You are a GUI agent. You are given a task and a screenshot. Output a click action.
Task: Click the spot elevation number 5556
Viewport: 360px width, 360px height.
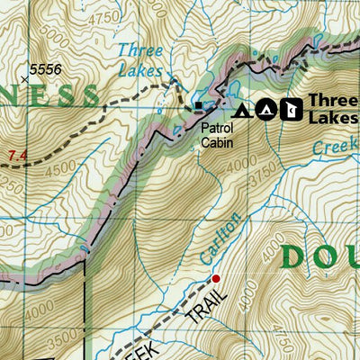46,68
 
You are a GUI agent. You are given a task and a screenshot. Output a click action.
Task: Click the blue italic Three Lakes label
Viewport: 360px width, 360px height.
140,59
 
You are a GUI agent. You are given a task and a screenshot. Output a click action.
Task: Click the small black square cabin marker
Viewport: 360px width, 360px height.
200,109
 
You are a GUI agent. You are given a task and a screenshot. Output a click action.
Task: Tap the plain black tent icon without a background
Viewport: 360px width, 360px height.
241,111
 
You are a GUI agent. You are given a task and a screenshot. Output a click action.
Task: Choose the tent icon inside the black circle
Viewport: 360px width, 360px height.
265,110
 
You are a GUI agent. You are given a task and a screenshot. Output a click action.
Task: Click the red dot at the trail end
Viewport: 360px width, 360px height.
215,278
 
